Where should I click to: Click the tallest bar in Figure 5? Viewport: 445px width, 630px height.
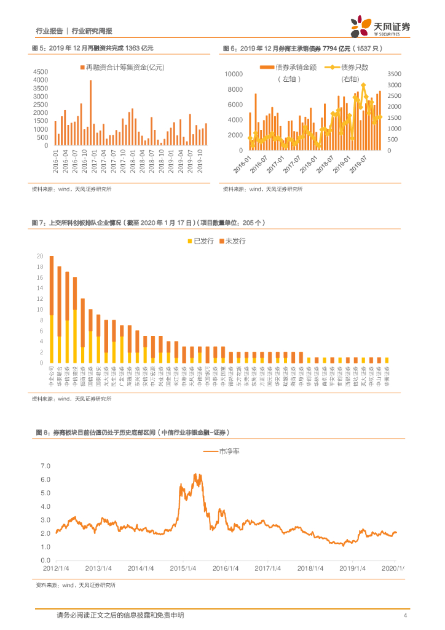(x=90, y=113)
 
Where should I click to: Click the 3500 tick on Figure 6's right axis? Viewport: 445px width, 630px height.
(x=394, y=74)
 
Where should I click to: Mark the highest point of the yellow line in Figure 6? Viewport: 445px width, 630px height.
(x=363, y=85)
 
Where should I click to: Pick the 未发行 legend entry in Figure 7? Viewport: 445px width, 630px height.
(x=235, y=241)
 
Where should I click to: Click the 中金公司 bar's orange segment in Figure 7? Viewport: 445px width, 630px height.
(x=52, y=285)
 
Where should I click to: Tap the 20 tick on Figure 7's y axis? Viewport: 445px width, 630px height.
(x=40, y=256)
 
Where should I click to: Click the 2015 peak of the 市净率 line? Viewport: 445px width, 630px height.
(x=195, y=475)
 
